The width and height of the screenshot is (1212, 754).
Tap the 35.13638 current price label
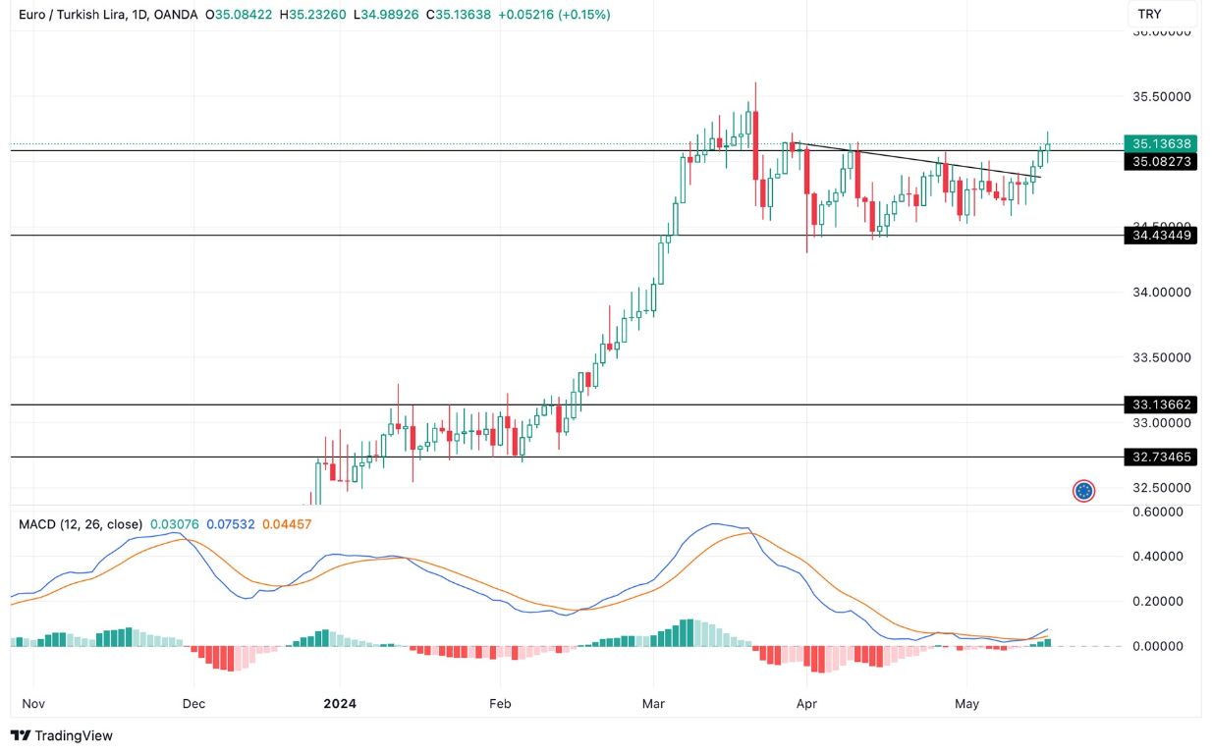point(1160,143)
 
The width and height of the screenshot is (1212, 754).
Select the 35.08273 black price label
point(1160,161)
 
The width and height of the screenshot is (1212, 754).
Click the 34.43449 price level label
point(1160,236)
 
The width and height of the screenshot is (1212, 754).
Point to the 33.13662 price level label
point(1160,404)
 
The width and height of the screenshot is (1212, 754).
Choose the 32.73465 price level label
point(1160,458)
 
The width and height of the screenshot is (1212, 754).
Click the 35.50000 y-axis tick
point(1163,97)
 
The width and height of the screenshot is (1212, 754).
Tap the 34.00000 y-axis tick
point(1163,293)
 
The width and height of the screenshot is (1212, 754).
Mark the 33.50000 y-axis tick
point(1163,357)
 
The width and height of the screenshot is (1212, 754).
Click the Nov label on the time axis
point(33,704)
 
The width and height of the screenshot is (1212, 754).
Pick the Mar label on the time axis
point(653,704)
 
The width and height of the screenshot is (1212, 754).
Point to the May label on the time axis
point(967,704)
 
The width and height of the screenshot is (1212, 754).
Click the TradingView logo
point(62,735)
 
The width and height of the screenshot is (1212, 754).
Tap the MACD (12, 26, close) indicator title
point(81,524)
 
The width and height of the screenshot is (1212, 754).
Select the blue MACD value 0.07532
point(230,524)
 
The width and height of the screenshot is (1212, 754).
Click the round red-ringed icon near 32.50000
point(1083,491)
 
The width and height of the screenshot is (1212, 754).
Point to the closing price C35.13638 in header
point(467,15)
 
